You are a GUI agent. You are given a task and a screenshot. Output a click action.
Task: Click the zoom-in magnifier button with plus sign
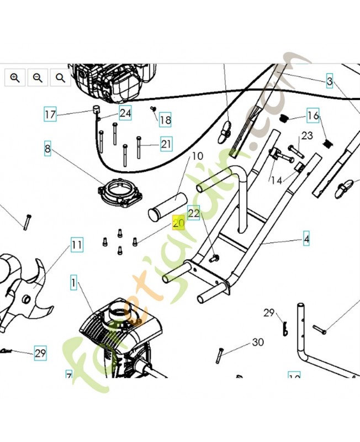point(15,78)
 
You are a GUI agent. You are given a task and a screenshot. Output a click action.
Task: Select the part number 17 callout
point(50,115)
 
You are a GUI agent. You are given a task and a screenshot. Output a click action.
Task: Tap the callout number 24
point(125,113)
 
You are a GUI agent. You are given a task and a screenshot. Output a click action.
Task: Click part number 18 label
point(165,120)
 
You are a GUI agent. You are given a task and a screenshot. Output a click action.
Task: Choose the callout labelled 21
point(166,144)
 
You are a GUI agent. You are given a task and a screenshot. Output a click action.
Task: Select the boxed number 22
point(193,213)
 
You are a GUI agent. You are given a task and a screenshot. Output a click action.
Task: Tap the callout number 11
point(77,244)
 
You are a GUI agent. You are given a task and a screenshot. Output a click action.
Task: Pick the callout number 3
point(330,82)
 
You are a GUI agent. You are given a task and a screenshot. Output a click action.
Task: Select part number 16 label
point(313,115)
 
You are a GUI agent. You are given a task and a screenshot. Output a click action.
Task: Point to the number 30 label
point(257,343)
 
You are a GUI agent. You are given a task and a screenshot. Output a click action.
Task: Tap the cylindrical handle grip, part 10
point(168,205)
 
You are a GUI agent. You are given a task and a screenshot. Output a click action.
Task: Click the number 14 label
point(276,180)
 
